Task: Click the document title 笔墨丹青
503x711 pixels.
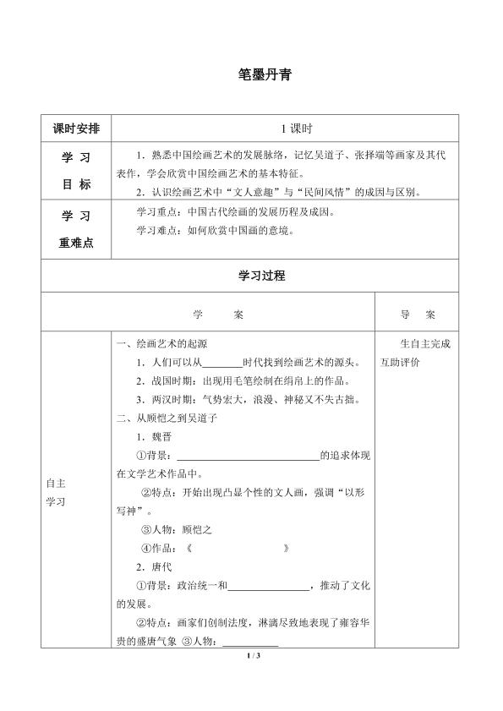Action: [265, 74]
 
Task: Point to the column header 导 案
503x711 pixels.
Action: [418, 314]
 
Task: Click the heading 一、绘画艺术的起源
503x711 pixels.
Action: [161, 345]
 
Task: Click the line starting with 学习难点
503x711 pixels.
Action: [215, 229]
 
